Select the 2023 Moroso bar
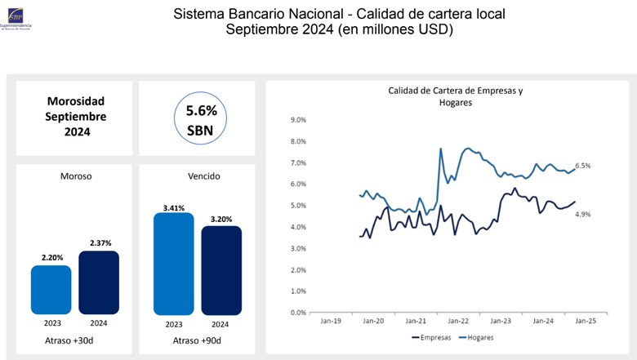point(51,290)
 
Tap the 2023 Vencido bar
point(173,264)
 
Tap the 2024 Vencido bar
point(222,270)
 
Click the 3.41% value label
point(173,207)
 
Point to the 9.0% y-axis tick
point(297,120)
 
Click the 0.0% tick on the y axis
point(297,313)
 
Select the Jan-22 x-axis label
point(457,322)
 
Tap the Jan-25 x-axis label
point(585,322)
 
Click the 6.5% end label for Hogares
point(582,166)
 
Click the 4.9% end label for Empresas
point(582,214)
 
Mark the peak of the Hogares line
point(441,149)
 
